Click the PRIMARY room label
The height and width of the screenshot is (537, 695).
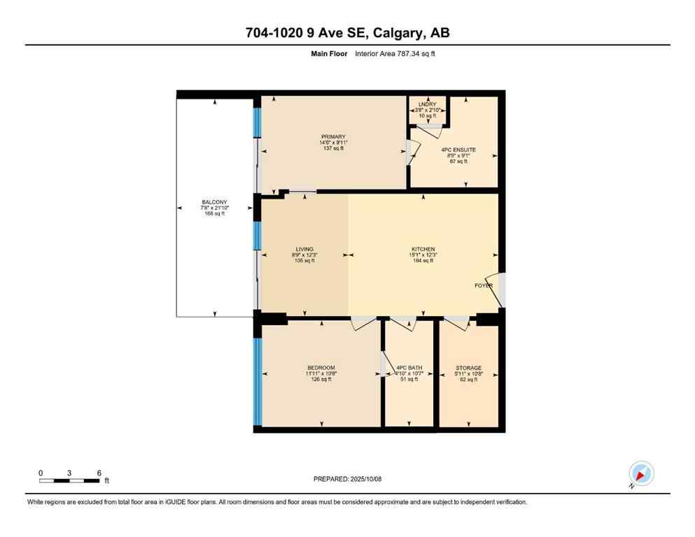[334, 137]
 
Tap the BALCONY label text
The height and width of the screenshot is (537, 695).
[214, 203]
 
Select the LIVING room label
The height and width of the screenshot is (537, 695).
[304, 249]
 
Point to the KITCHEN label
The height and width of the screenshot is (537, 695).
[423, 249]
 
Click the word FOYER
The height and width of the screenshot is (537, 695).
[484, 286]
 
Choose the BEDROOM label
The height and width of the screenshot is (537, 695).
[321, 368]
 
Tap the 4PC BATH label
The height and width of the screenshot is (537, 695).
[409, 368]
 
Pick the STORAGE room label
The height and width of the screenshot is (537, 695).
[468, 368]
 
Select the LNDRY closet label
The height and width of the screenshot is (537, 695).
[427, 104]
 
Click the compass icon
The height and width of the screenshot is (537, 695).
[640, 474]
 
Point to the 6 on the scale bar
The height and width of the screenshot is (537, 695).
[99, 473]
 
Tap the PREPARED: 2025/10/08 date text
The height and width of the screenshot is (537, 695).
[347, 479]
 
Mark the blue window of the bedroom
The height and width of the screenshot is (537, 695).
[258, 381]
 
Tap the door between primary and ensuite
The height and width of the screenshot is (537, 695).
[413, 151]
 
